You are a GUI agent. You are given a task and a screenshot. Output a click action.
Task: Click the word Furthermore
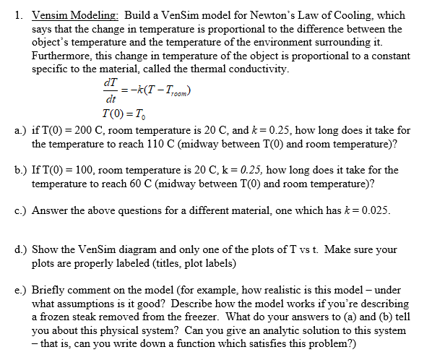click(65, 56)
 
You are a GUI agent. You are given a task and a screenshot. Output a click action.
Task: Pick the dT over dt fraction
click(111, 92)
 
